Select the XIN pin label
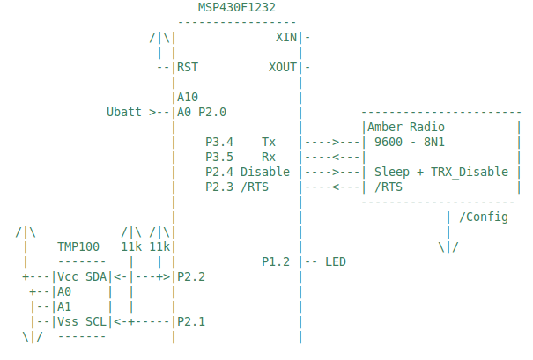pos(286,38)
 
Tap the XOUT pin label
pos(283,67)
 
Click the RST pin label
pos(188,67)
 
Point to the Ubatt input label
pos(124,113)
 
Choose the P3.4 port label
pos(218,142)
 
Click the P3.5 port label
pos(218,157)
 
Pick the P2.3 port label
pos(218,187)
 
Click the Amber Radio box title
pos(407,128)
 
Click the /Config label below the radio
pos(484,217)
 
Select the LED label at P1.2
pos(336,261)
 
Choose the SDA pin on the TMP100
pos(97,276)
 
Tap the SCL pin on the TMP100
pos(97,321)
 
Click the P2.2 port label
pos(191,276)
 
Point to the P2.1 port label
pos(191,321)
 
